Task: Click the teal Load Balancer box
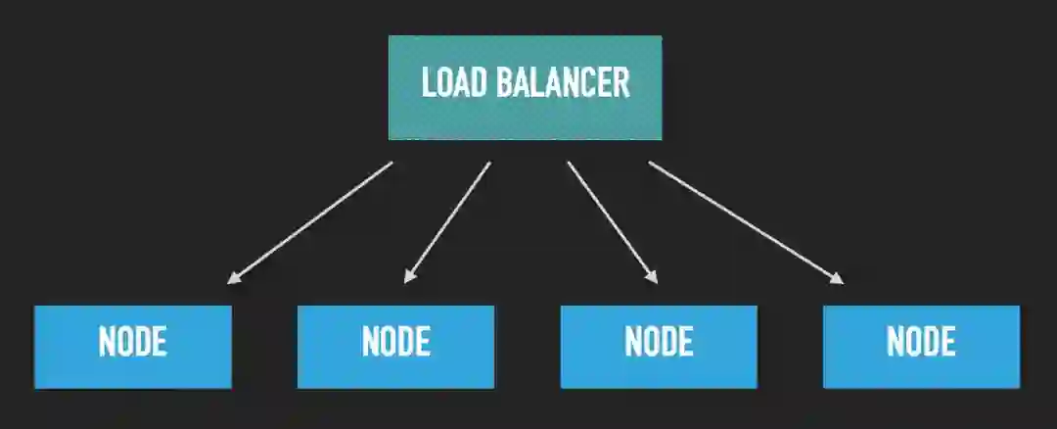(525, 87)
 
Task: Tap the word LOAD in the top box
(453, 83)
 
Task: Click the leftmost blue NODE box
(133, 346)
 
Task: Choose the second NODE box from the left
(395, 346)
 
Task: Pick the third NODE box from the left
(659, 346)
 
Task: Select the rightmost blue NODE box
(921, 346)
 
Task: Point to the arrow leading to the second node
(447, 222)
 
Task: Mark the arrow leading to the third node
(612, 222)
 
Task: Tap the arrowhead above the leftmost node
(233, 279)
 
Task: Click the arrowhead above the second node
(409, 278)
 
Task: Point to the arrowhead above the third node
(653, 278)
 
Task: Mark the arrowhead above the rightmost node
(837, 279)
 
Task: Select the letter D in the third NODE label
(667, 341)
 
